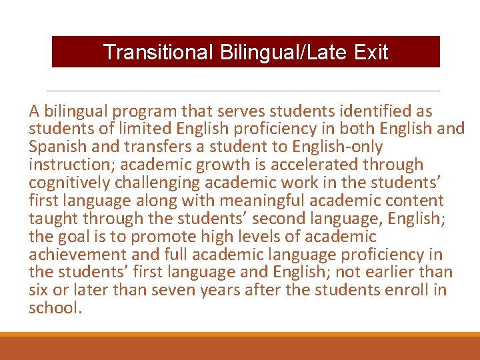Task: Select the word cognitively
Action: tap(69, 183)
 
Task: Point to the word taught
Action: tap(51, 219)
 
